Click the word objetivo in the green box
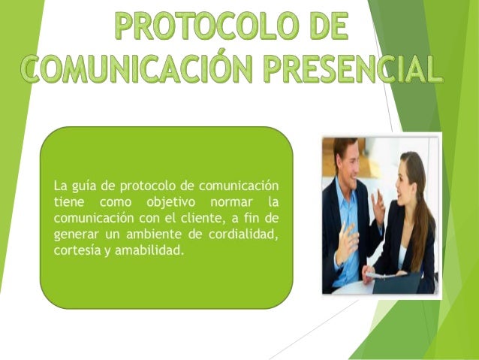178,201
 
